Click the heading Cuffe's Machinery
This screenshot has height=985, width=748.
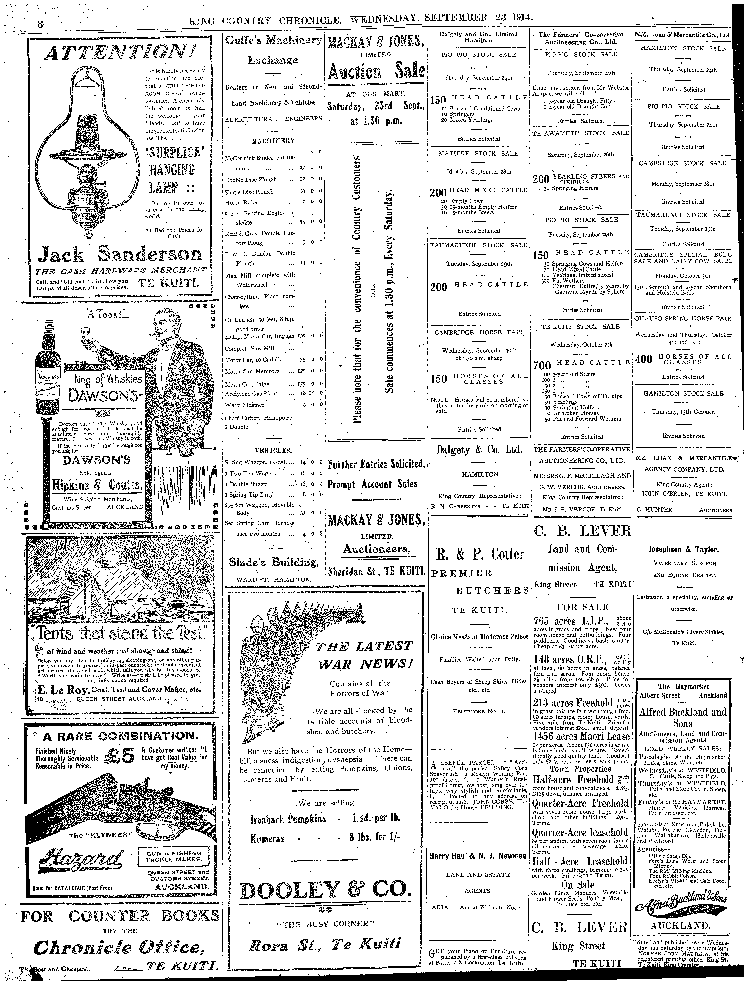click(274, 40)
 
